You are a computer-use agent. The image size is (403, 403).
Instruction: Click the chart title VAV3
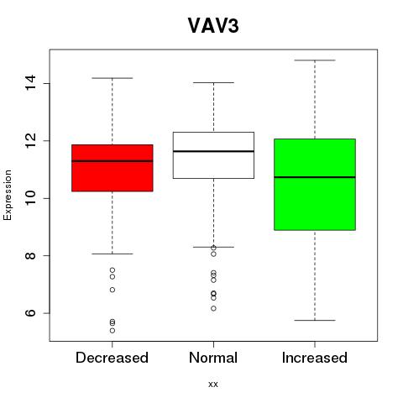(213, 26)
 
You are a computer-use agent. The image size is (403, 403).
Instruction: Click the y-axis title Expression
(8, 195)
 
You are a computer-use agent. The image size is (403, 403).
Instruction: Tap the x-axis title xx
(213, 384)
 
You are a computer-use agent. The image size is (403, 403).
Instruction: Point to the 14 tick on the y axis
(30, 83)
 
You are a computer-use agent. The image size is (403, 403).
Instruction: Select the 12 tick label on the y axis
(30, 141)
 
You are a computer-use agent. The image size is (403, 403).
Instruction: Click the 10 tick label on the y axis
(30, 198)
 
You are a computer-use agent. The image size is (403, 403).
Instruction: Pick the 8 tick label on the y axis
(30, 256)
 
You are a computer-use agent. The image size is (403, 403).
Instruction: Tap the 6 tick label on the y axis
(30, 313)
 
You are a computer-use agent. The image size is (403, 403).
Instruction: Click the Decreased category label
(112, 358)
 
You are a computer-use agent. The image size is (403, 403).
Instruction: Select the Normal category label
(213, 358)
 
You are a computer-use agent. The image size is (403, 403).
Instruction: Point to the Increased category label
(315, 358)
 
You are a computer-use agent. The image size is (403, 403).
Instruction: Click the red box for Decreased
(113, 168)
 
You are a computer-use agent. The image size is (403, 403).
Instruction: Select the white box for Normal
(213, 155)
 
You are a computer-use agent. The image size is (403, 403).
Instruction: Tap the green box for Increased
(315, 185)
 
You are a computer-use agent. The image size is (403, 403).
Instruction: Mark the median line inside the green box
(315, 177)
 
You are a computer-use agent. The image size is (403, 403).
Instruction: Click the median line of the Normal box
(213, 151)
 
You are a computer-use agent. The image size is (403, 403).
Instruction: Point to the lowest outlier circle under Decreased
(113, 331)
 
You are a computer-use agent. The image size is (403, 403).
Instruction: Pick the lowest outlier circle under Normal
(213, 308)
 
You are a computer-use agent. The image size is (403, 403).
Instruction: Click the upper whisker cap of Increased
(315, 60)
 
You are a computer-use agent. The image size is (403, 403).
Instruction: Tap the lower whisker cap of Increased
(315, 320)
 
